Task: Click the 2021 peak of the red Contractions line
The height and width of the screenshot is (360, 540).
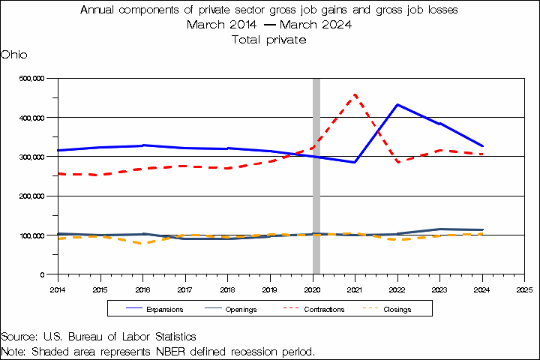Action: point(355,94)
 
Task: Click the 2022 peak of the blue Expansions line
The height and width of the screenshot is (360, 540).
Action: point(397,105)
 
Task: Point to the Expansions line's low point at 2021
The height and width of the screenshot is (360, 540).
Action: point(355,162)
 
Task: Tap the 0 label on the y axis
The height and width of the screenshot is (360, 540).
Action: point(42,274)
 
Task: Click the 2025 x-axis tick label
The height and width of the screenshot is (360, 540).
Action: point(525,289)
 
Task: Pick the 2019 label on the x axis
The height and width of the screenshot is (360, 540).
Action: point(270,289)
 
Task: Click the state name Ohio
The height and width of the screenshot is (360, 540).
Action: point(13,55)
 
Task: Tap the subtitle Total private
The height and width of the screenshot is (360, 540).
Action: point(269,39)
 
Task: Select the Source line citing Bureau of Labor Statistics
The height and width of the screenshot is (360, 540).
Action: point(98,337)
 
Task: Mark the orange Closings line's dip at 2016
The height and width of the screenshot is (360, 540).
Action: point(142,244)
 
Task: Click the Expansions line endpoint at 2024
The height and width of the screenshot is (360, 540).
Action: point(482,146)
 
